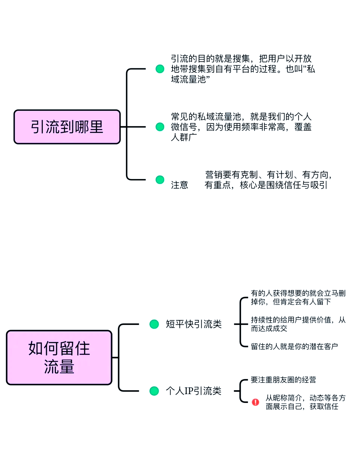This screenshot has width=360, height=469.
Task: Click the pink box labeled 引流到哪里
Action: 67,127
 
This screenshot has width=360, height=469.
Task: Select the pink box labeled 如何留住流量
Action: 59,357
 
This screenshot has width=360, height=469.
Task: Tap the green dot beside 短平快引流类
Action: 154,324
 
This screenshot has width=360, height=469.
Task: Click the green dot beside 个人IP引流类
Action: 154,391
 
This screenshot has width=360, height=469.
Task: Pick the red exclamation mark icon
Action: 255,402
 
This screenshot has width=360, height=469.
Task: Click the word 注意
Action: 180,185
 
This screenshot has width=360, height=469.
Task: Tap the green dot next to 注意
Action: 160,180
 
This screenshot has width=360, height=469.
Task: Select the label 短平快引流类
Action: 194,324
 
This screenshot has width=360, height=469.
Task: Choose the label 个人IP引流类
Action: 194,391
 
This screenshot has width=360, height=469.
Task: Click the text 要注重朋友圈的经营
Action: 283,380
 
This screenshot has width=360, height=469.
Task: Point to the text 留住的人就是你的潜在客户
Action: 294,346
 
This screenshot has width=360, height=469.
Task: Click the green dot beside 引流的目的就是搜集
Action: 160,69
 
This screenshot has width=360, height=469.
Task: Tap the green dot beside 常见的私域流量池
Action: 160,127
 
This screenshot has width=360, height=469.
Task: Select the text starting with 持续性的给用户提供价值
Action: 298,324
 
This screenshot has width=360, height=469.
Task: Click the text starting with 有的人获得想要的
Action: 298,297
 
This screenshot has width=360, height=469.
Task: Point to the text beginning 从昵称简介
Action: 305,402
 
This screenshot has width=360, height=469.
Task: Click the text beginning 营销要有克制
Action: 268,180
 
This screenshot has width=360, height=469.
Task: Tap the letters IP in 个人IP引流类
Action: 189,391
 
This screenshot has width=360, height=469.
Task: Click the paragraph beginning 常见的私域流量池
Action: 241,127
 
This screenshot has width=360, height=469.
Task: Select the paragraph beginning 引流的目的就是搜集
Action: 242,69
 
